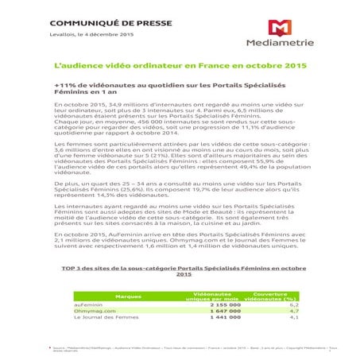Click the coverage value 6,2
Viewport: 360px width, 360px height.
(293, 304)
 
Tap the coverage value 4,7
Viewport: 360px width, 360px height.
(293, 311)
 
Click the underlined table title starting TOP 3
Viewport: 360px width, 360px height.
(184, 272)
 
